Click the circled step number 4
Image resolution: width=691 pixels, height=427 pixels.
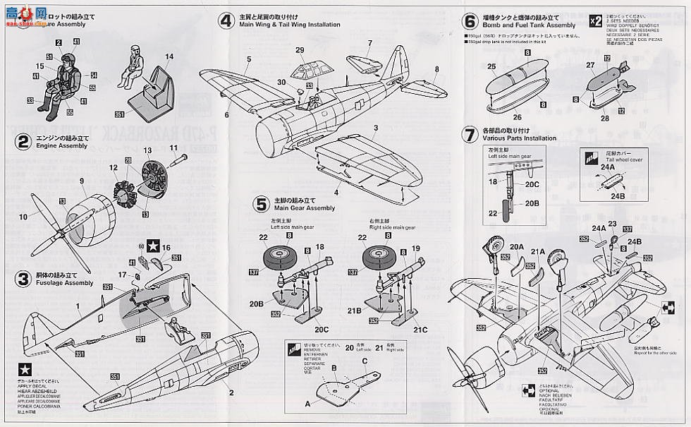(226, 20)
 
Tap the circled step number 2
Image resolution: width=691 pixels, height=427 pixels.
(24, 141)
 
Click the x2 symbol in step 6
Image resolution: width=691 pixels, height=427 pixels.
(595, 20)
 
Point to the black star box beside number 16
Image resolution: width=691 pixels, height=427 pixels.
(152, 247)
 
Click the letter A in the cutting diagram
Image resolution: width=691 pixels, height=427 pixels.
(307, 402)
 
